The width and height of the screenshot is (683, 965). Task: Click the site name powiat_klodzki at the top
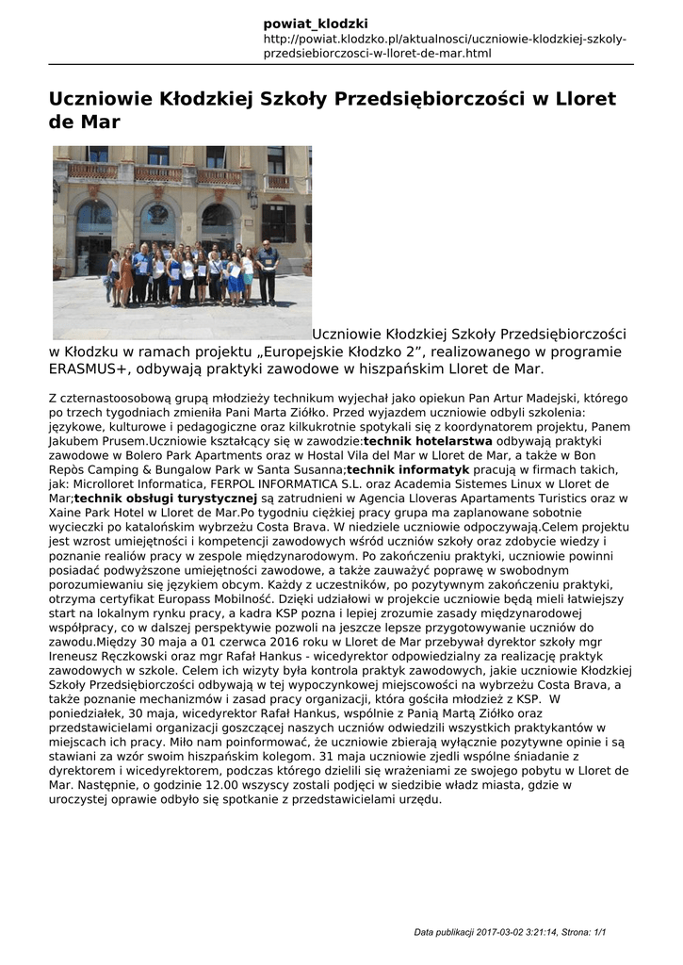tap(316, 23)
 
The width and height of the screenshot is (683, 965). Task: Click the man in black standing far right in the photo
tap(267, 270)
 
